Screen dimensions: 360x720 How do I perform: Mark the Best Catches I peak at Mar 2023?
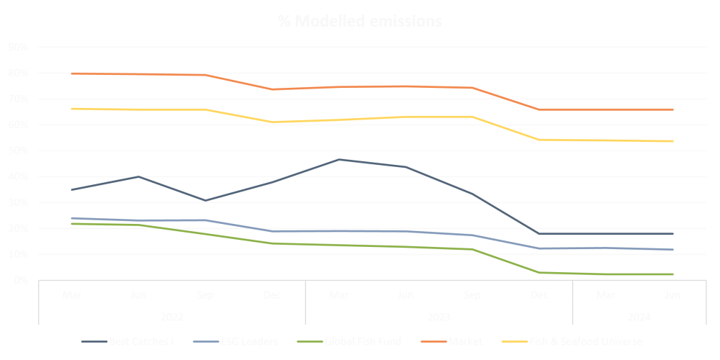pos(338,159)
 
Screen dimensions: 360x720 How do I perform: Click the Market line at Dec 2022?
pos(272,89)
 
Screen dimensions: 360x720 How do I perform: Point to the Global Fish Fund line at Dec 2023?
pos(539,273)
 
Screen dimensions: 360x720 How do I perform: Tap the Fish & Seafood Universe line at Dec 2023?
pos(539,140)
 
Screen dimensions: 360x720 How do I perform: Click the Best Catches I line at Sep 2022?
pos(205,200)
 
